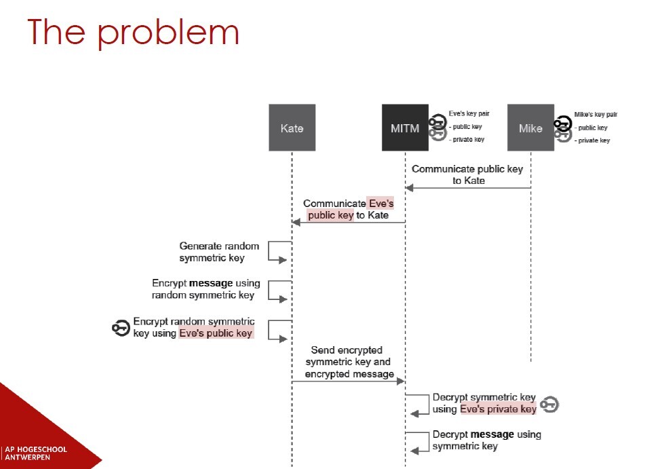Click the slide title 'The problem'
[x=133, y=33]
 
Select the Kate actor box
[x=292, y=128]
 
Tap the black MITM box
[x=405, y=128]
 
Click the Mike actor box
[x=530, y=128]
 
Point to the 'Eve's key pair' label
[x=469, y=114]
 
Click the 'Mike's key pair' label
[x=595, y=115]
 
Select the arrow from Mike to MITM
[x=468, y=188]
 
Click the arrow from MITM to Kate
[x=349, y=222]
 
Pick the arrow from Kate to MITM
[x=349, y=381]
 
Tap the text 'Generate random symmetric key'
[x=212, y=252]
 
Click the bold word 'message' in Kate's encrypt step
[x=210, y=283]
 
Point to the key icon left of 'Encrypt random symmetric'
[x=121, y=328]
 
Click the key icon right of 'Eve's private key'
[x=549, y=405]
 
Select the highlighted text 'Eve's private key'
[x=498, y=409]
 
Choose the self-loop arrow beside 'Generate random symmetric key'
[x=280, y=252]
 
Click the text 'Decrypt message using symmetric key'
[x=486, y=440]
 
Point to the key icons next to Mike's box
[x=562, y=128]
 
